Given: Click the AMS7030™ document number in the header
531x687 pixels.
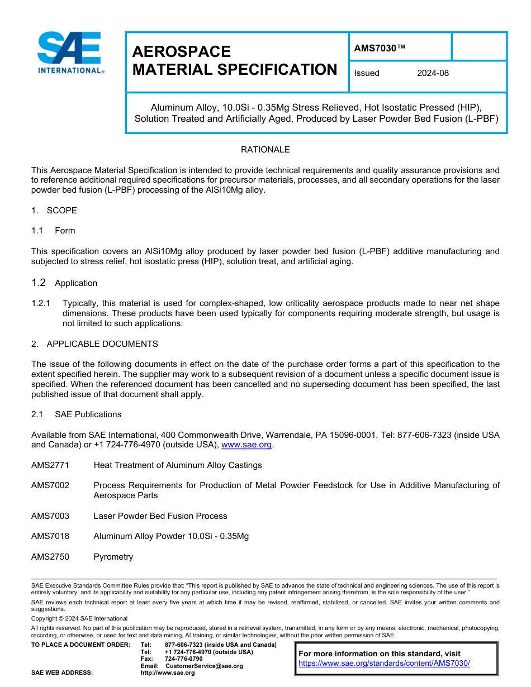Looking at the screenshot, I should (380, 49).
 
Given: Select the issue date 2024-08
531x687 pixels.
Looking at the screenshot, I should (433, 73).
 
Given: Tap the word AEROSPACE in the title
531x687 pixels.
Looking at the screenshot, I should (182, 52).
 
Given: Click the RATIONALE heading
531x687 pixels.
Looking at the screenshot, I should (265, 150).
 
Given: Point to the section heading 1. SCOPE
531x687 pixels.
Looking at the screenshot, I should (54, 211).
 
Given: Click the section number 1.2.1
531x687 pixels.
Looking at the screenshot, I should (41, 303).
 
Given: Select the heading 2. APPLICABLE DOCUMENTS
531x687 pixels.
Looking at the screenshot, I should (94, 344).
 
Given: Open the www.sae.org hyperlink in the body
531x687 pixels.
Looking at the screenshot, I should (246, 445).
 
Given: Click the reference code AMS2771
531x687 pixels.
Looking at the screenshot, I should (50, 465).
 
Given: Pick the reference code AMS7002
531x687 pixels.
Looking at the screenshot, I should (50, 485).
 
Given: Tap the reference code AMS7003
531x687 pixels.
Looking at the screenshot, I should (50, 516).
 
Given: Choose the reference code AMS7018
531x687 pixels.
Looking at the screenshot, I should (50, 536).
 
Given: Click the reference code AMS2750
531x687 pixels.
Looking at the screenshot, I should (50, 557).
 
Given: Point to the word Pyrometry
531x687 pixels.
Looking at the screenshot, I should (113, 557).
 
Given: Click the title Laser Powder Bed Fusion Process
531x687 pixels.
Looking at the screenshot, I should (160, 516).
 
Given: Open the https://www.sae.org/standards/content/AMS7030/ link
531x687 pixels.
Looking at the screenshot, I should (384, 664).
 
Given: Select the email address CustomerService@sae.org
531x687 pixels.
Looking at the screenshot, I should (204, 666).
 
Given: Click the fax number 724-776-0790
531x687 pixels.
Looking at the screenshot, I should (184, 659).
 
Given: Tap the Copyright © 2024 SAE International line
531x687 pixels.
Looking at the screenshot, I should (79, 619).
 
